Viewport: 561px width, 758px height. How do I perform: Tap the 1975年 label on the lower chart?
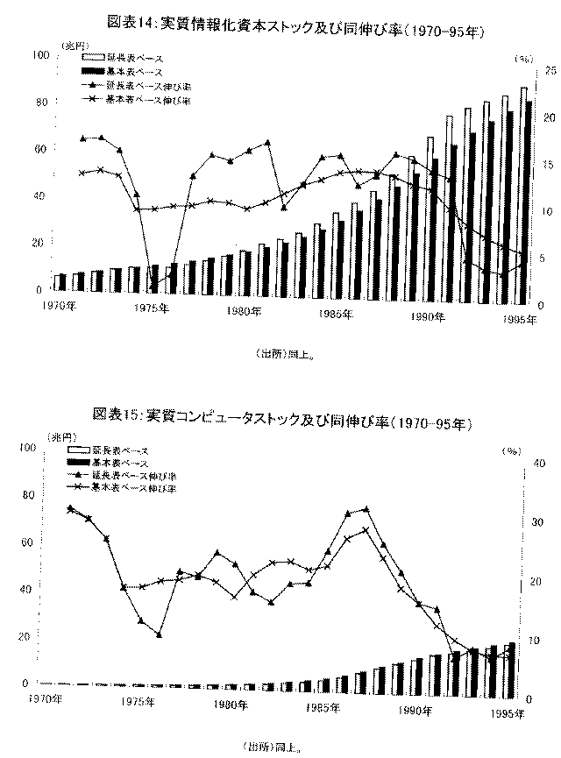click(x=138, y=701)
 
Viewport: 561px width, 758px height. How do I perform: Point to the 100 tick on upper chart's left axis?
click(x=39, y=55)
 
